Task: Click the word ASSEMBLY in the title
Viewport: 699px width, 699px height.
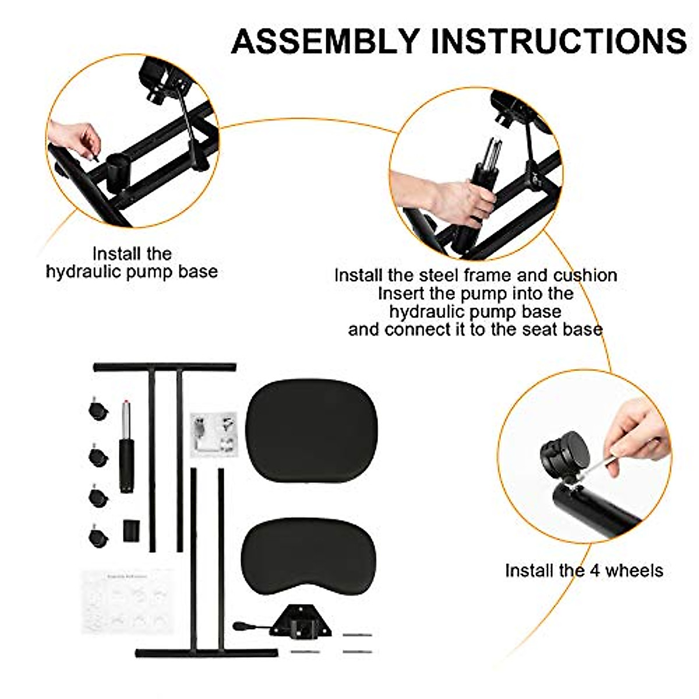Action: tap(325, 41)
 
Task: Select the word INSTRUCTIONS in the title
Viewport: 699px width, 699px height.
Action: tap(559, 41)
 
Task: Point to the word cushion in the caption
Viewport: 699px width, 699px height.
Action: tap(585, 275)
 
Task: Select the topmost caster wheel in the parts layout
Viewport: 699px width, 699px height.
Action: tap(98, 409)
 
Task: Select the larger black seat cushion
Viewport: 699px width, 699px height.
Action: tap(312, 430)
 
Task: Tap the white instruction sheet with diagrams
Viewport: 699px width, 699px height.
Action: tap(128, 601)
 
